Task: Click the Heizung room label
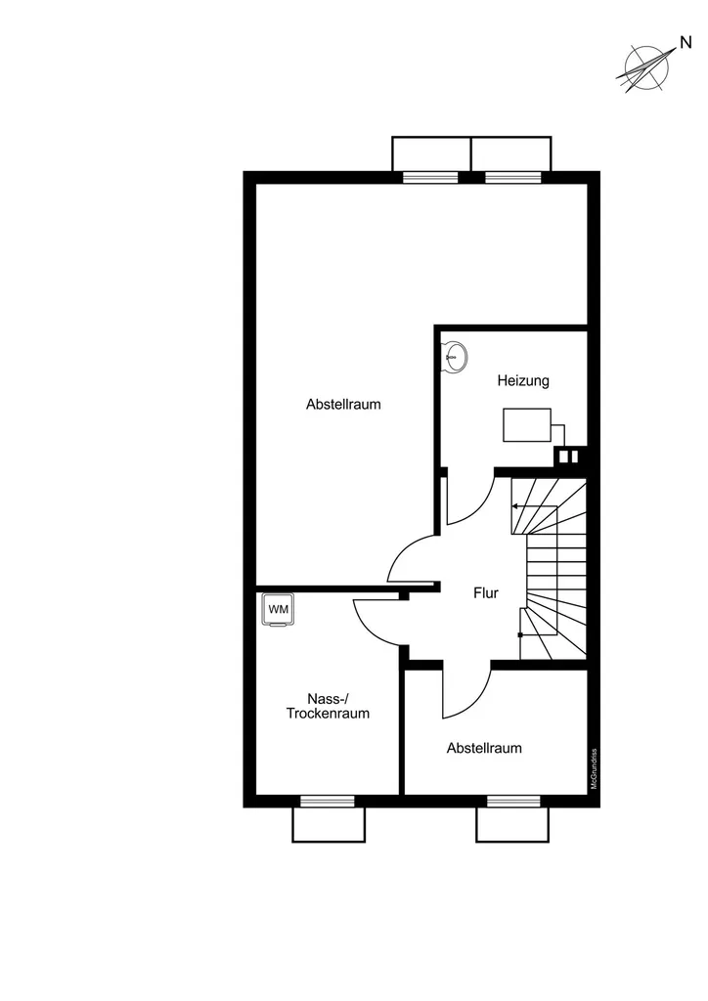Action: pos(523,381)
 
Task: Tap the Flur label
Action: pos(486,593)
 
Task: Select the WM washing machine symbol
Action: pos(279,610)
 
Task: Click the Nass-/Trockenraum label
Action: pos(328,706)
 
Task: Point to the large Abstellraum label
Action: pos(343,404)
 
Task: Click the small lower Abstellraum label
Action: pos(484,748)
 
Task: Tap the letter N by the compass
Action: pos(686,43)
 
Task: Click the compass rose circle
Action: pos(646,67)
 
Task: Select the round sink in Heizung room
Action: pos(457,357)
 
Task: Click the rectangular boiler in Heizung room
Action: pos(527,425)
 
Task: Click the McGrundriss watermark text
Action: pos(594,768)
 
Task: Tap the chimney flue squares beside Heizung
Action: pos(568,457)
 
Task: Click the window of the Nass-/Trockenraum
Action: pos(328,802)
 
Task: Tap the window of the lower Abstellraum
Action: pos(513,802)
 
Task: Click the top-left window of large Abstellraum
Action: pos(430,178)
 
